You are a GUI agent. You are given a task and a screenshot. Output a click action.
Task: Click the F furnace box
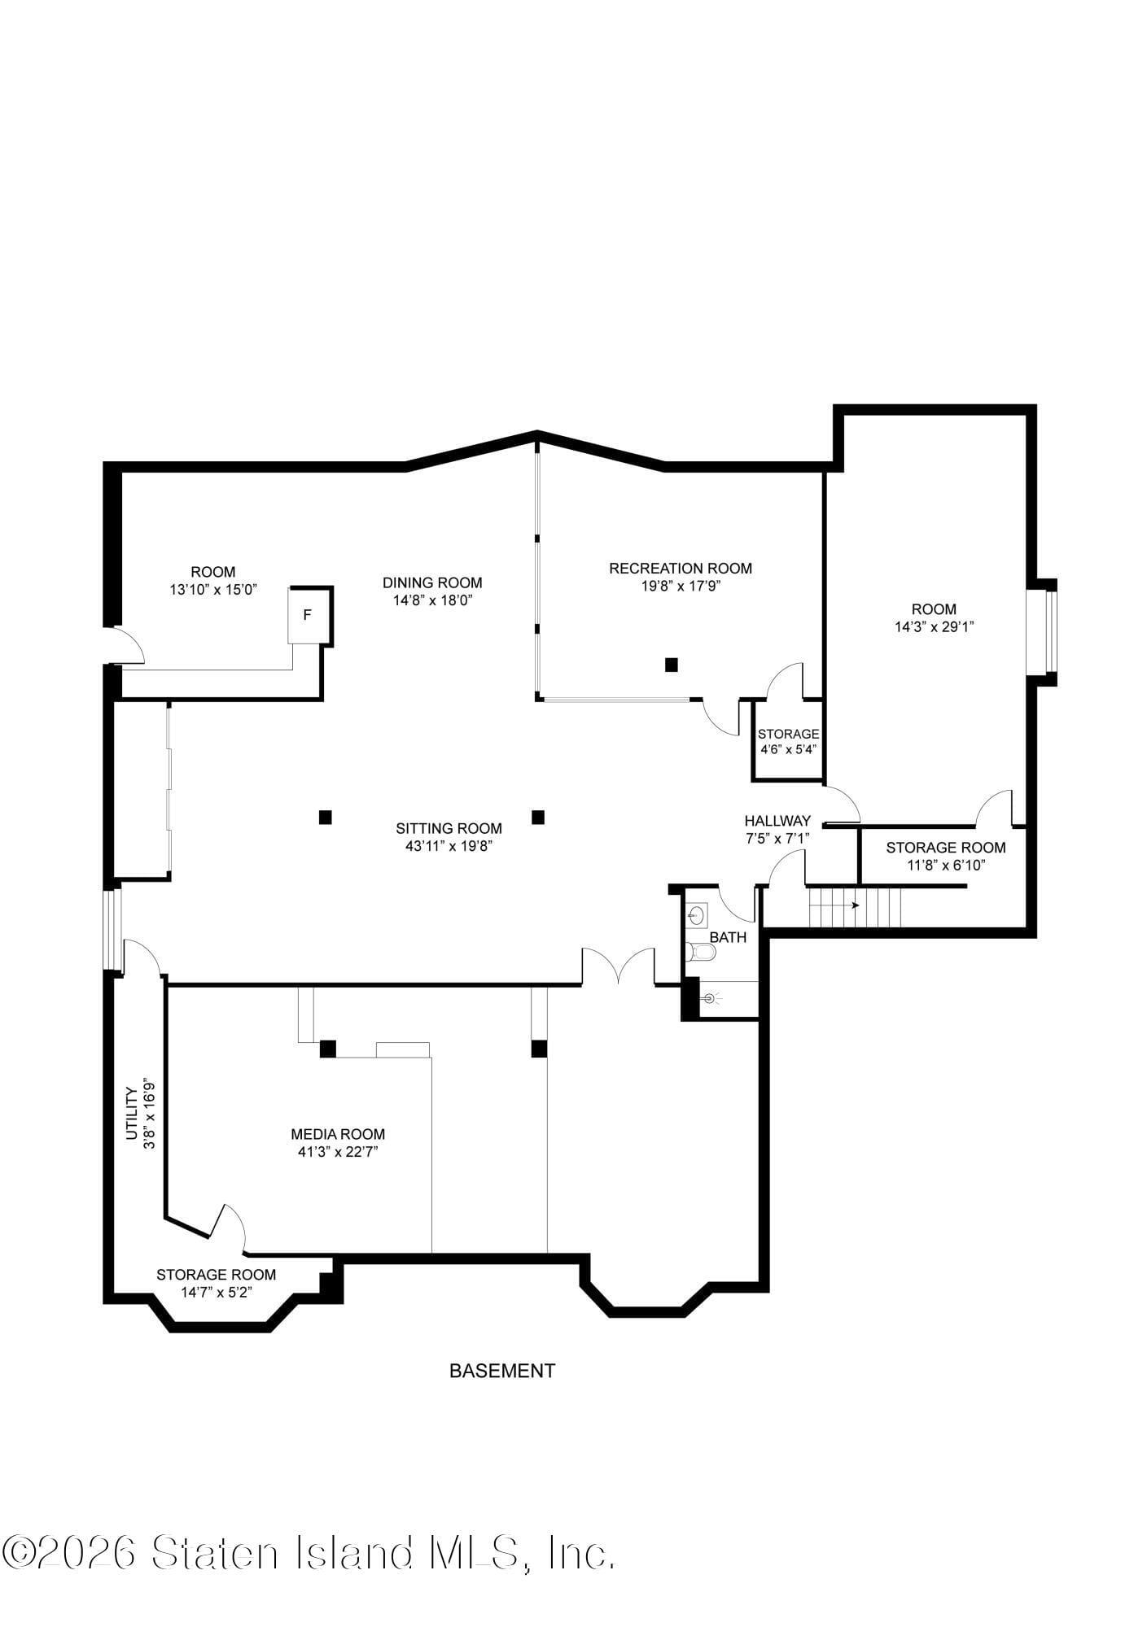(308, 615)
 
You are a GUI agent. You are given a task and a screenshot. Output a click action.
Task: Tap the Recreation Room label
(680, 568)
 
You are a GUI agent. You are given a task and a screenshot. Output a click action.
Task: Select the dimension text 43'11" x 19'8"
(449, 846)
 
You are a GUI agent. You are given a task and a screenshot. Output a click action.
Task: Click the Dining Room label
(432, 582)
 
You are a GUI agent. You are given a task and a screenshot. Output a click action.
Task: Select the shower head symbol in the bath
(709, 998)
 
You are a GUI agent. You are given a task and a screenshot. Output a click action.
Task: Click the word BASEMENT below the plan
(502, 1371)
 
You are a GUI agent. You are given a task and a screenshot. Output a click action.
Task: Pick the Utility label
(130, 1113)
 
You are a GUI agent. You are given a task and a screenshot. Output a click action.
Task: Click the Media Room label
(338, 1134)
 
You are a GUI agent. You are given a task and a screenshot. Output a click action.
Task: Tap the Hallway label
(777, 821)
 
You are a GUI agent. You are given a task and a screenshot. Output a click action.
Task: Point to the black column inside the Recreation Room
(671, 665)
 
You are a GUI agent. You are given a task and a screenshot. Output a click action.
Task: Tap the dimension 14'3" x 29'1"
(934, 626)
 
